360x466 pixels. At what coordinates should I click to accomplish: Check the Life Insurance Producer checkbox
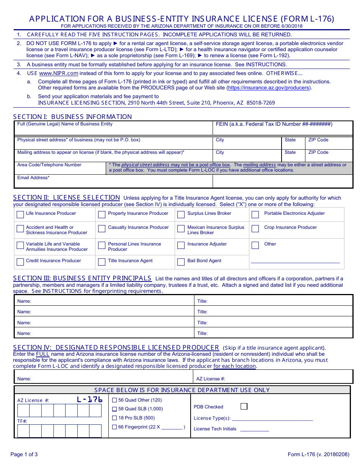click(20, 215)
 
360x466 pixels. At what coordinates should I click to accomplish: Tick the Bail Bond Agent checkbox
click(181, 262)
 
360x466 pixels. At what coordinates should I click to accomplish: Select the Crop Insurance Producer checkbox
click(255, 228)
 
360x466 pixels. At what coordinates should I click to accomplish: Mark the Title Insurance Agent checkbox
click(102, 262)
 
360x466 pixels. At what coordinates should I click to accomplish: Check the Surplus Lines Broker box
click(181, 215)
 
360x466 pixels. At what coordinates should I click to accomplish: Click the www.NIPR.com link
click(58, 73)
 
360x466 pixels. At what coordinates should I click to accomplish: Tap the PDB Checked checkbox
click(244, 407)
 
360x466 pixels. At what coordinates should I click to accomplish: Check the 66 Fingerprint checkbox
click(114, 427)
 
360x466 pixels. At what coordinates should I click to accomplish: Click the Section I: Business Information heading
click(72, 117)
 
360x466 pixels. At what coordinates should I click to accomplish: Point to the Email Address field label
click(33, 178)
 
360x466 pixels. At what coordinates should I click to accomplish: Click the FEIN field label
click(274, 124)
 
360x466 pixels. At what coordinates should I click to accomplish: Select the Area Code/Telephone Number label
click(49, 165)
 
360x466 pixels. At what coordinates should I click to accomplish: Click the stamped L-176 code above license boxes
click(89, 399)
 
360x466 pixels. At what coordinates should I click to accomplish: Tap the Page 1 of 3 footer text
click(24, 455)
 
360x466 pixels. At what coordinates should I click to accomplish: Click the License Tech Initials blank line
click(254, 430)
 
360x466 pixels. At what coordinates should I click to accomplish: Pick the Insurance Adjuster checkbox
click(181, 245)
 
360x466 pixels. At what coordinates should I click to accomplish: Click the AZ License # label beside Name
click(210, 379)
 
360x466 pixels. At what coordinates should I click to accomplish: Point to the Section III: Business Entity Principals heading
click(82, 278)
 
